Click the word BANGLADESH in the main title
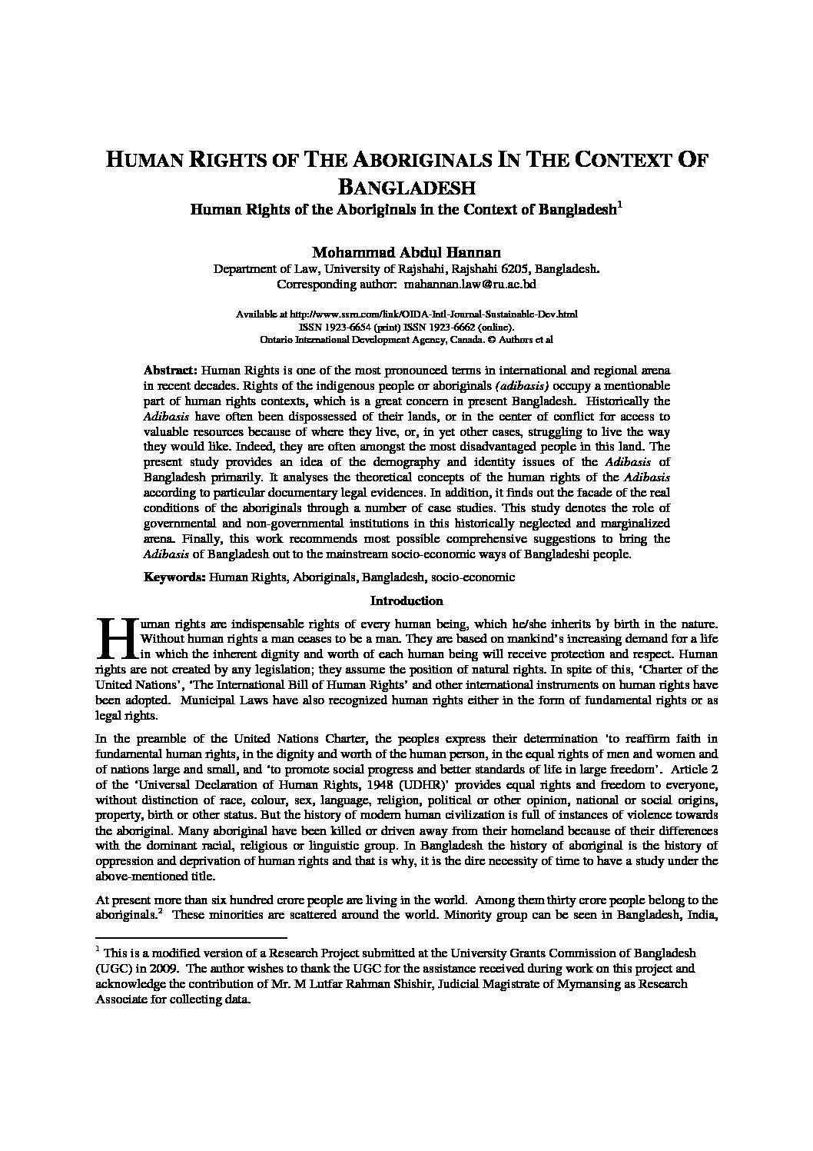coord(406,187)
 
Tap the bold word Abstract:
coord(171,370)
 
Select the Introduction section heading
coord(406,600)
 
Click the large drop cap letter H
coord(114,638)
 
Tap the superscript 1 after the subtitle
coord(620,205)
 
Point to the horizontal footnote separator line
coord(191,937)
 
